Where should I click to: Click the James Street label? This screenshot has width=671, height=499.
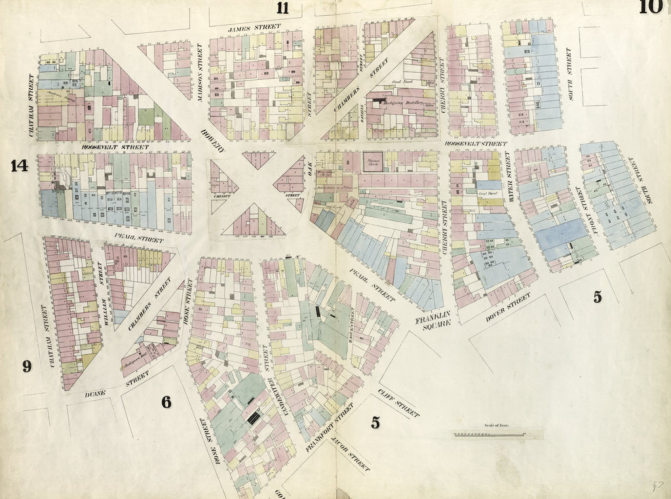(254, 28)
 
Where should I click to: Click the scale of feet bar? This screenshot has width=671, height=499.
(497, 435)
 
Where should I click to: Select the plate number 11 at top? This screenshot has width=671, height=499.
(282, 8)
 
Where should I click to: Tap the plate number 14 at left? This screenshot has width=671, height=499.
(19, 166)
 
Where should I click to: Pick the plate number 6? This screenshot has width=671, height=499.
(166, 402)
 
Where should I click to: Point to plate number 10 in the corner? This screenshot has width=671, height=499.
(651, 7)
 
